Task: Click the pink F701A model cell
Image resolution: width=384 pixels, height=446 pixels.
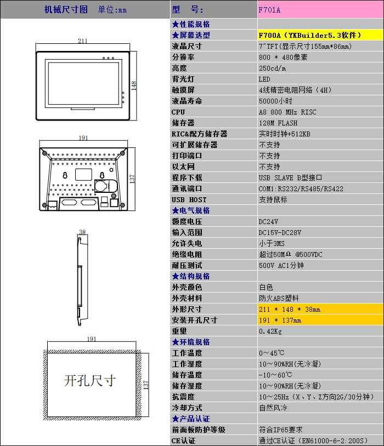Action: pos(320,10)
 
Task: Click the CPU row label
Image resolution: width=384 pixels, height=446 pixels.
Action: pos(179,112)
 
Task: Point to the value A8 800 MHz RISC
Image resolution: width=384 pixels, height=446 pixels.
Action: pos(287,112)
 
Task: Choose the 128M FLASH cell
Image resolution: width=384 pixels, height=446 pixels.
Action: pos(278,123)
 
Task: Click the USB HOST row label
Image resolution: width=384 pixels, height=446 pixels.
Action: pos(189,199)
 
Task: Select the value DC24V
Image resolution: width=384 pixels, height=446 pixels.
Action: pos(268,221)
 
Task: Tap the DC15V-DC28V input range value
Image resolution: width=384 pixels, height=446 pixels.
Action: pos(280,232)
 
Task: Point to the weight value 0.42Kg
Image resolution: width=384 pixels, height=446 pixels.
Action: pos(270,331)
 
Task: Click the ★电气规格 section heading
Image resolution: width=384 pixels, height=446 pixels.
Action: pos(191,210)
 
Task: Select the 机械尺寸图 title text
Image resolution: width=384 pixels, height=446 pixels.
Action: pos(66,9)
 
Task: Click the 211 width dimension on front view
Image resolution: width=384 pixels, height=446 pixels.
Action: pos(82,41)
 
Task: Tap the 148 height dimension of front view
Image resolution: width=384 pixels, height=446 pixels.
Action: pos(134,84)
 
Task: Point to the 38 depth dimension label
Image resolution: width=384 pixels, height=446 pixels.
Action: pos(82,232)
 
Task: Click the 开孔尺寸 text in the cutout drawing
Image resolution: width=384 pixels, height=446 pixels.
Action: pos(90,380)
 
